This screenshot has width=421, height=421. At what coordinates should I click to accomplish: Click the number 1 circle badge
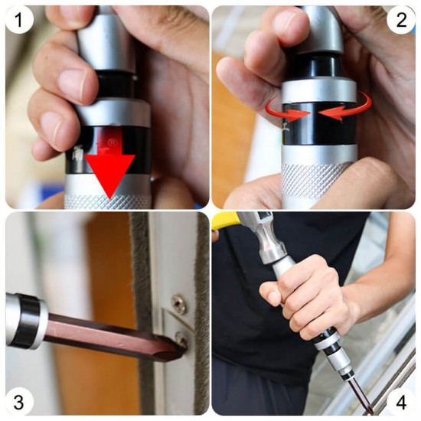point(19,20)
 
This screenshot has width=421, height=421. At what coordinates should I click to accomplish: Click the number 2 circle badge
point(401,20)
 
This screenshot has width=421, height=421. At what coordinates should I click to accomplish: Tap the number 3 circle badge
point(19,402)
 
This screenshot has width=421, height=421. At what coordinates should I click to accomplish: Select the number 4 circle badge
point(401,402)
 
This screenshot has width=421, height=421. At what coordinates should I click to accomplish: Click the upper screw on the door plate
point(179,304)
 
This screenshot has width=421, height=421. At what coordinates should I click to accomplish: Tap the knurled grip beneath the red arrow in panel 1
point(107,202)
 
